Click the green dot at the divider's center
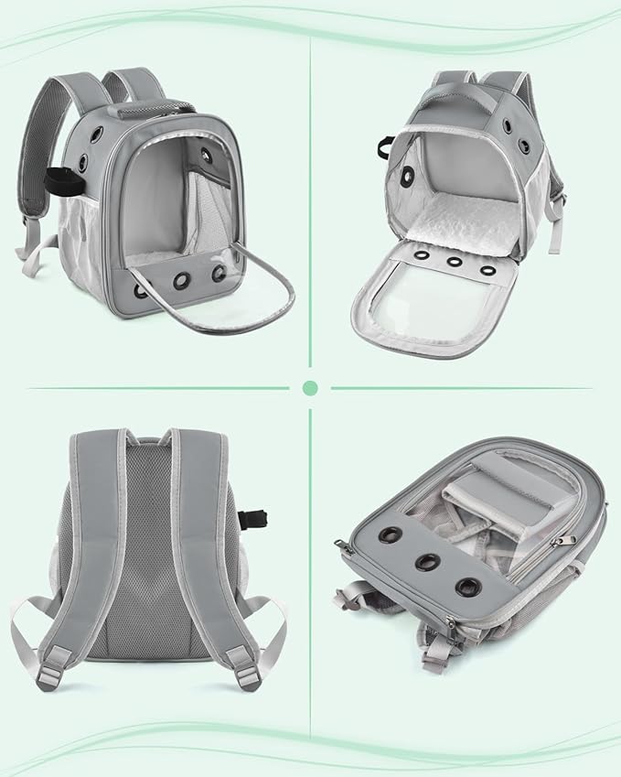pyautogui.click(x=310, y=388)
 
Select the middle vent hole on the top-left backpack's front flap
pyautogui.click(x=180, y=280)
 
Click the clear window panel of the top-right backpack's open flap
pyautogui.click(x=437, y=301)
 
